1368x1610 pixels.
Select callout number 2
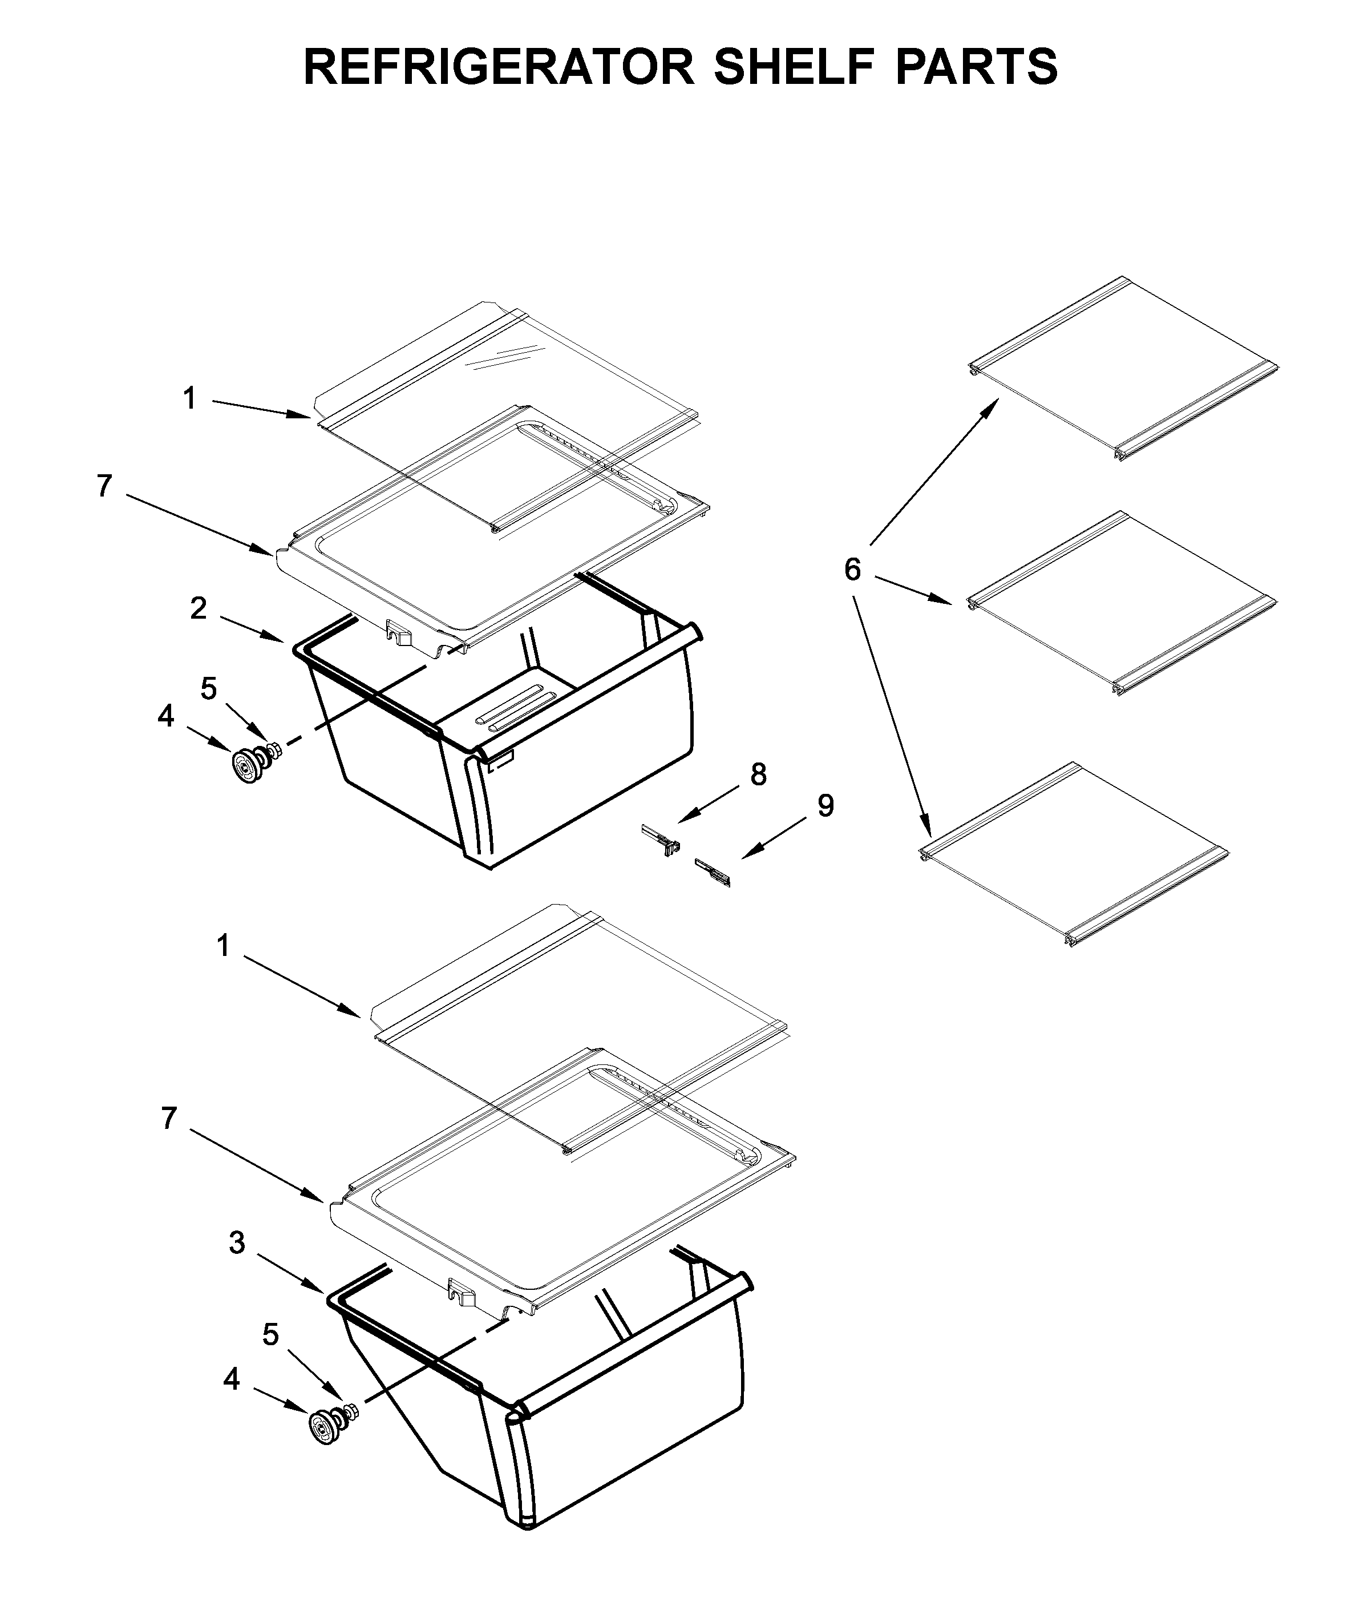click(x=199, y=608)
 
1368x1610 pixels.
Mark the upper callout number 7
click(x=104, y=486)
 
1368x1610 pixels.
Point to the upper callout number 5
click(x=209, y=688)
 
